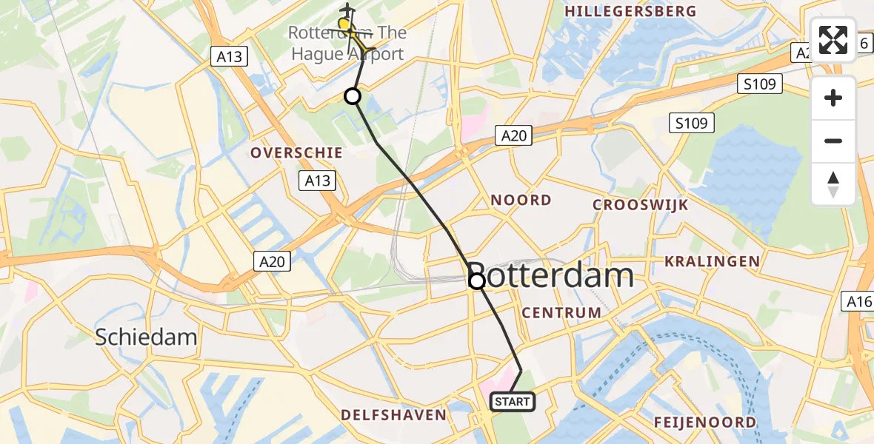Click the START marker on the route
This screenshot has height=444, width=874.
pos(512,402)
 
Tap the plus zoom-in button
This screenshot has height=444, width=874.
pos(833,98)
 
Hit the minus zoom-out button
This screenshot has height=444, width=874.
pos(833,141)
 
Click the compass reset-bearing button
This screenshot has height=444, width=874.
pos(833,184)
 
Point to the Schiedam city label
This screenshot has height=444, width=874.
pos(146,337)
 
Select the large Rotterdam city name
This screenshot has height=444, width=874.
pos(551,276)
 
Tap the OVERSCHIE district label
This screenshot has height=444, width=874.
pos(296,152)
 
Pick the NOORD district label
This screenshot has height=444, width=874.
pos(521,200)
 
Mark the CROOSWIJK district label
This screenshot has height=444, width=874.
pos(641,205)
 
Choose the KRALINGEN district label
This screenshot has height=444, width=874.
pos(712,261)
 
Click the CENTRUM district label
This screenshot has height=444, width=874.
pos(561,313)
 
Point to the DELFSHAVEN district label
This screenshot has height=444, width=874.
pos(393,415)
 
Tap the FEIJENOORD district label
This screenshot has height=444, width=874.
pos(705,423)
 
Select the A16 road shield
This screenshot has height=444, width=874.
pos(859,300)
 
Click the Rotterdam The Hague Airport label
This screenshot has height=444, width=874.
pos(347,44)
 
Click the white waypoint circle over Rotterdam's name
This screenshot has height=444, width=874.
pos(477,281)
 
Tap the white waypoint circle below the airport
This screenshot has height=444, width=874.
pos(353,96)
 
